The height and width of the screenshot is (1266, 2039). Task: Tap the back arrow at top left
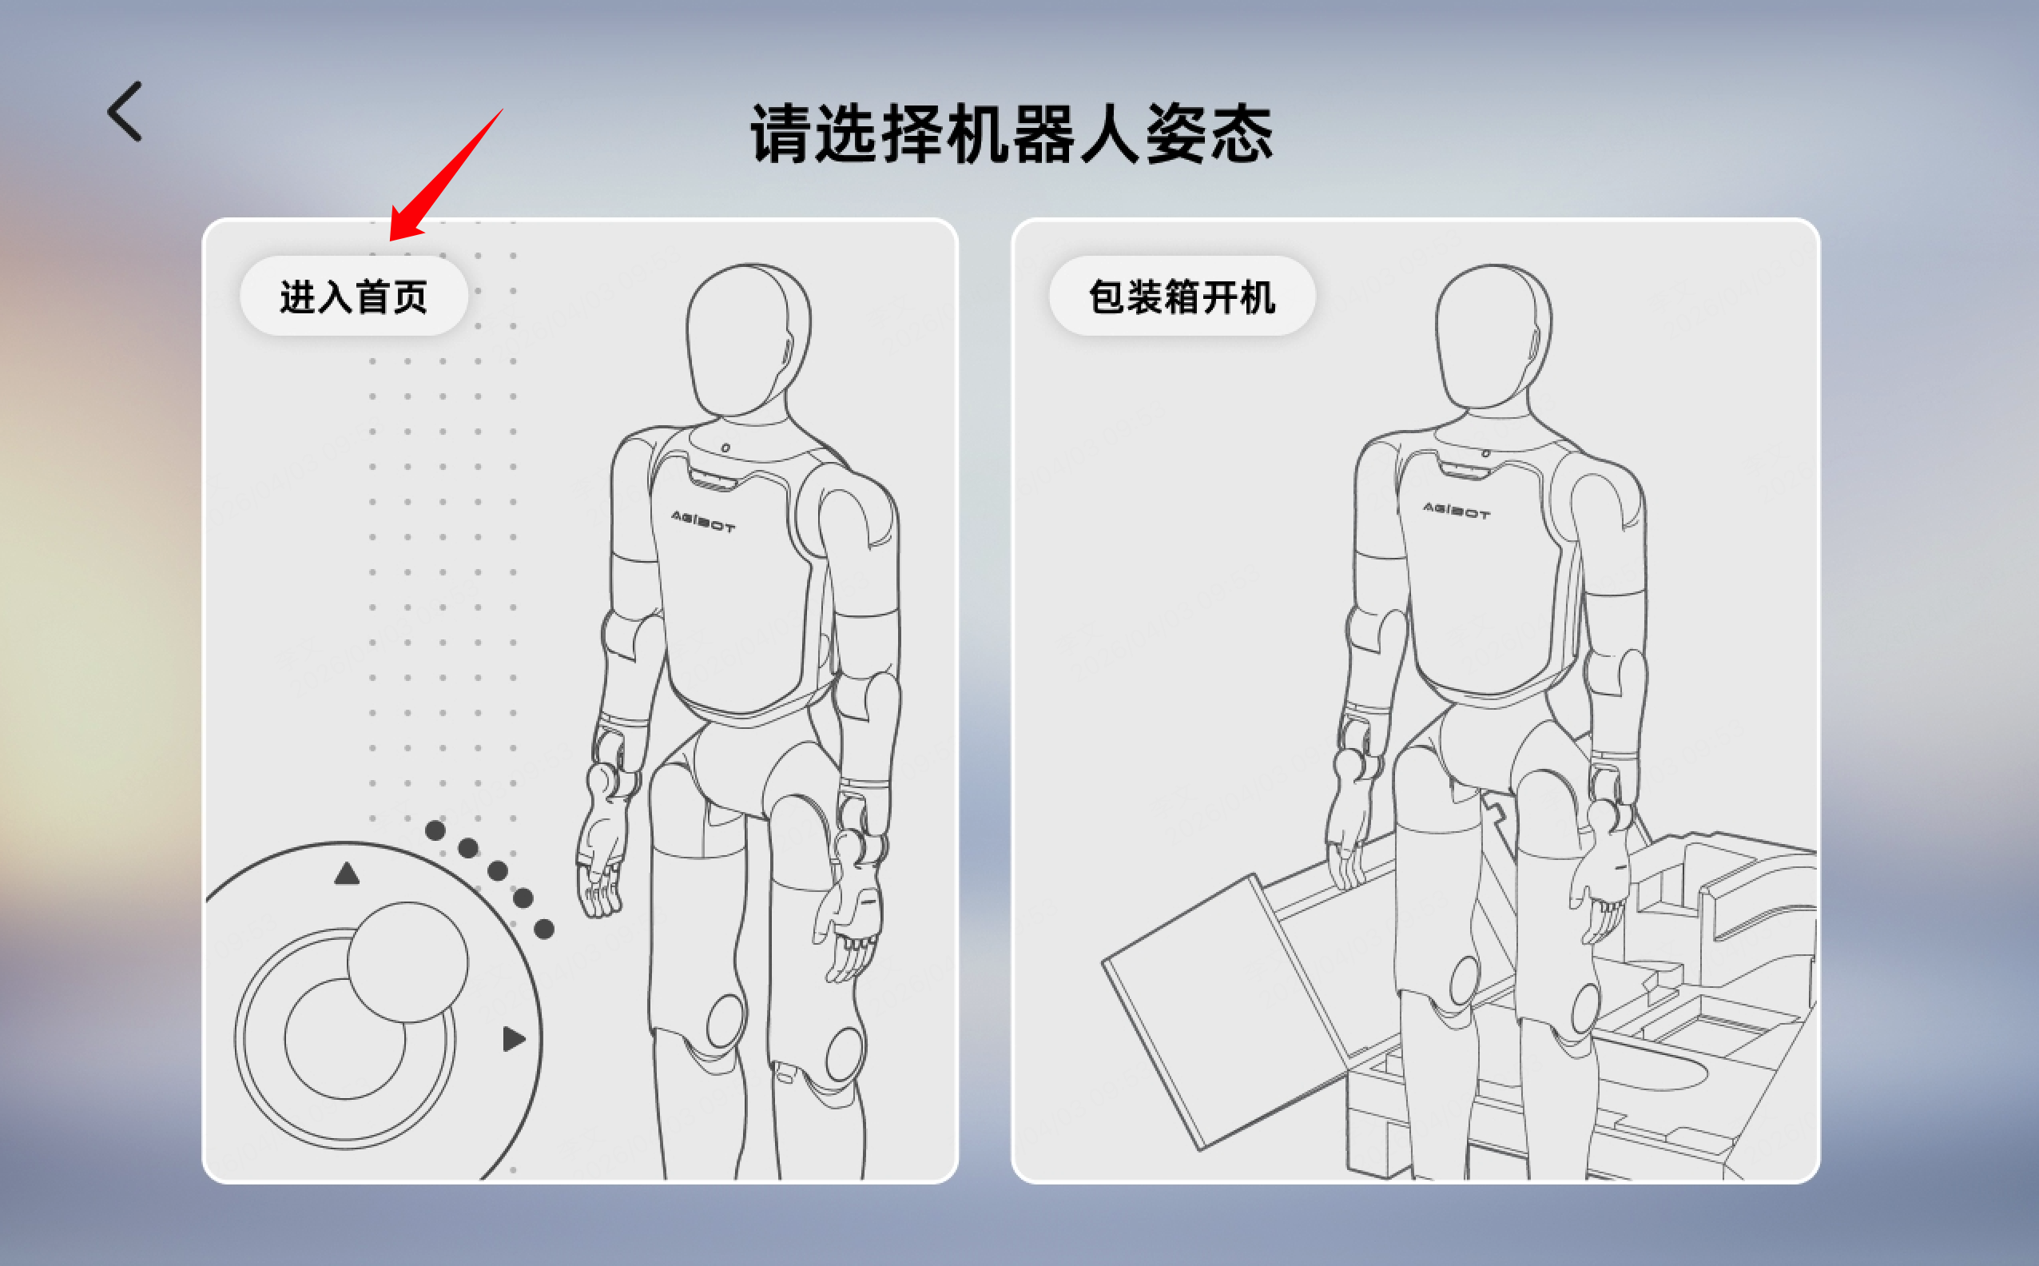[125, 111]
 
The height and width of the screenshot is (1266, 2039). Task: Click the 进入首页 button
[353, 297]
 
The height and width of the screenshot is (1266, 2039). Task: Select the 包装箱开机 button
[1181, 297]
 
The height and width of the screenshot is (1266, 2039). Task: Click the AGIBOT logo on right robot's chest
[1456, 510]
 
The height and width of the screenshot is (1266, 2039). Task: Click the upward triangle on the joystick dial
[347, 874]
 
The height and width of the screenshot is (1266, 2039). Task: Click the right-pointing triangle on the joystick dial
[513, 1039]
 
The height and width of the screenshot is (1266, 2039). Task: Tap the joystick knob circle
[407, 962]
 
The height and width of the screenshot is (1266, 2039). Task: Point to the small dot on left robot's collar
[725, 448]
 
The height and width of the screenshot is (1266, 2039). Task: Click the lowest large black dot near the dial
[544, 929]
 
